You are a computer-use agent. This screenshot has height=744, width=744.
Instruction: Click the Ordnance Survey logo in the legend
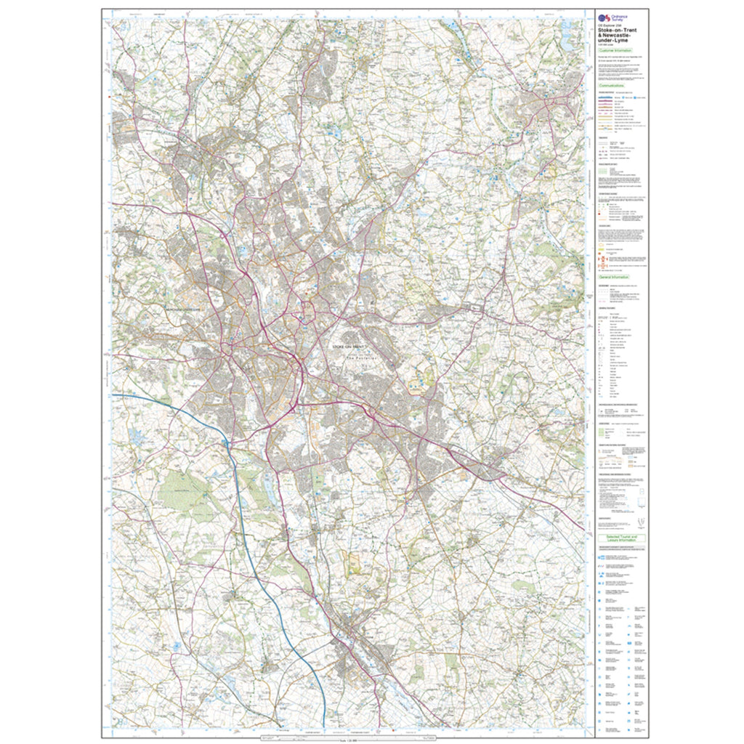[602, 17]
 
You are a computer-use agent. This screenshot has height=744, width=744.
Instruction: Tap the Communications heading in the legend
[612, 85]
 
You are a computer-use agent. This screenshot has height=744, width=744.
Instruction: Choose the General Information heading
[614, 277]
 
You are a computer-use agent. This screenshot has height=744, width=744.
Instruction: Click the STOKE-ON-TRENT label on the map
[350, 348]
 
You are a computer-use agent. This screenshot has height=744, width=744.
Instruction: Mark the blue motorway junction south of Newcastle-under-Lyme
[227, 442]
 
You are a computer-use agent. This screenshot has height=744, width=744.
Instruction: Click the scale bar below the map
[347, 739]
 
